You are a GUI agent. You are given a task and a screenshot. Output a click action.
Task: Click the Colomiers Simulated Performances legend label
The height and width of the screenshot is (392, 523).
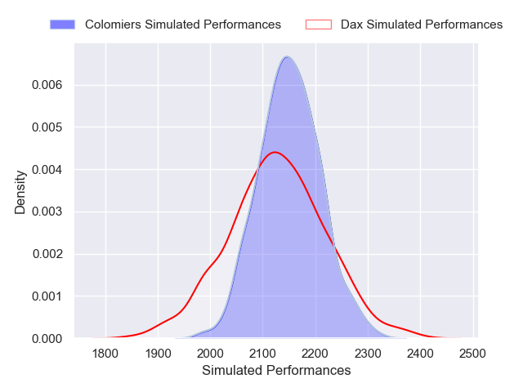tap(183, 24)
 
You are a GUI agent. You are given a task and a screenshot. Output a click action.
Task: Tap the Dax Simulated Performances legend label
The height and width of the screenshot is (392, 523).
tap(422, 24)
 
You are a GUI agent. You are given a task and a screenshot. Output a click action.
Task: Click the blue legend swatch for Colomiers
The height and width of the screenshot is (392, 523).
tap(63, 24)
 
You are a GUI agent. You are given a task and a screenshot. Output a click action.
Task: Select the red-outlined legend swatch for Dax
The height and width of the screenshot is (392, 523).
tap(318, 24)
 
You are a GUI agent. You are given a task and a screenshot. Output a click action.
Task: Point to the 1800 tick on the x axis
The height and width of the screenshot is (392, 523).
tap(105, 354)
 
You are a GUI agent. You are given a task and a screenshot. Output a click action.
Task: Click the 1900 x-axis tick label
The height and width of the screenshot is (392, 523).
tap(158, 354)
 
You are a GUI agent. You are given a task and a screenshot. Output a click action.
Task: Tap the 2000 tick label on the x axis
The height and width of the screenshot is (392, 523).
tap(210, 354)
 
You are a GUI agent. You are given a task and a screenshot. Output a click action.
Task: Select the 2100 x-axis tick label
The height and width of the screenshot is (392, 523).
tap(263, 354)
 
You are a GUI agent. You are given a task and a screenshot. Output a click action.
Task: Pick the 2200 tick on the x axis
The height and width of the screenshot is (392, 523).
tap(315, 354)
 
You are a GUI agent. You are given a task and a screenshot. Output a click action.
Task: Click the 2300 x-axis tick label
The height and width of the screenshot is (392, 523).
tap(368, 354)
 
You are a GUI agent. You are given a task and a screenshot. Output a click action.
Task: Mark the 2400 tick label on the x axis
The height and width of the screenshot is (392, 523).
tap(420, 354)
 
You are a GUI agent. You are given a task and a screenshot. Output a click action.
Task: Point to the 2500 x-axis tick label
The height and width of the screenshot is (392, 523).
tap(472, 354)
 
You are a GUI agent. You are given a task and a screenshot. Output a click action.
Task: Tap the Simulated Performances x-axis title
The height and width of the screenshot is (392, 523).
tap(275, 371)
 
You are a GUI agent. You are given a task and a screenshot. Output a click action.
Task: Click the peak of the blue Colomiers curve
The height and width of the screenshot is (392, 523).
tap(287, 56)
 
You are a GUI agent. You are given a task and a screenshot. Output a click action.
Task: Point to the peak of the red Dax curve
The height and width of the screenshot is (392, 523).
tap(275, 152)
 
